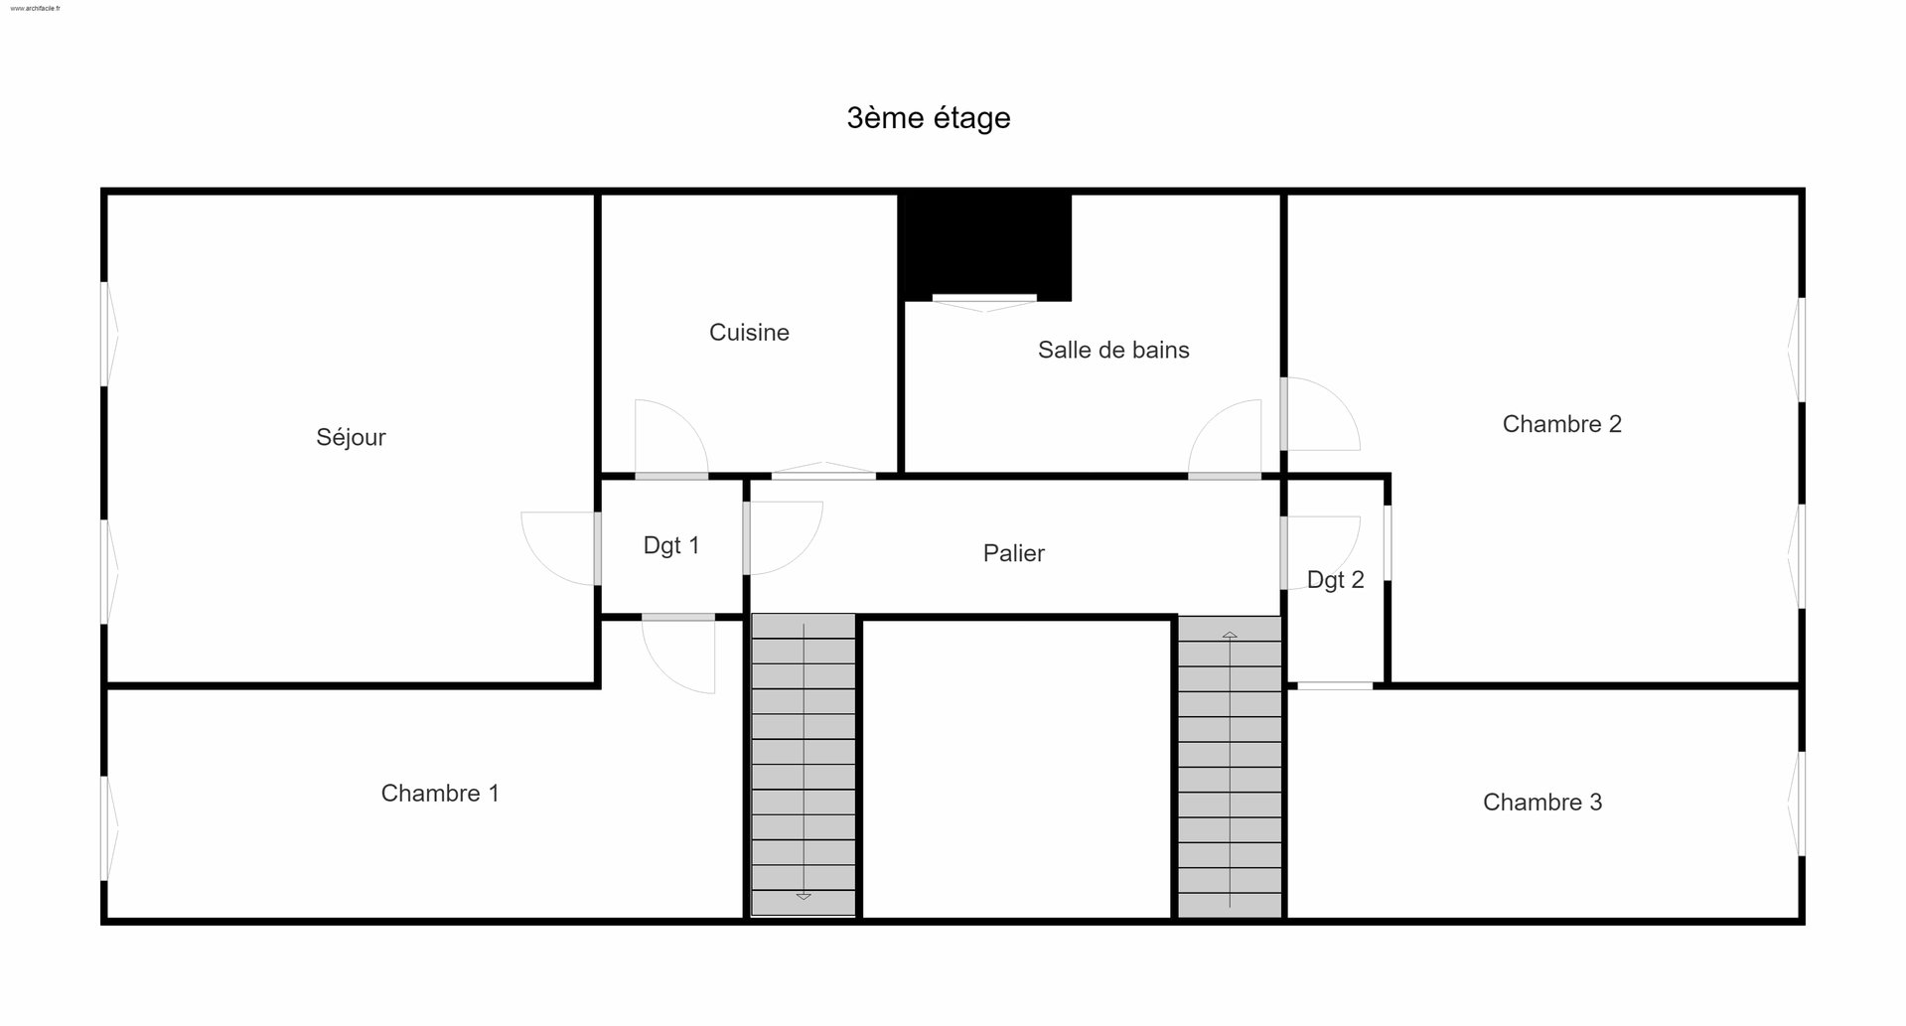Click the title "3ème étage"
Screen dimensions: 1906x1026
point(929,118)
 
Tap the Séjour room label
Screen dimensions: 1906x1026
point(351,437)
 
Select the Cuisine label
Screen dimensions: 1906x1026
point(749,333)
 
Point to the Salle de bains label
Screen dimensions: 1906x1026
point(1113,350)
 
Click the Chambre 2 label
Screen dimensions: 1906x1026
point(1561,424)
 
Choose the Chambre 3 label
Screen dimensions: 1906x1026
point(1542,803)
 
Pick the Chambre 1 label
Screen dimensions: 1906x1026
point(440,794)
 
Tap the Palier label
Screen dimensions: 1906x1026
point(1013,553)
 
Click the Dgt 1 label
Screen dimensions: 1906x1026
point(671,545)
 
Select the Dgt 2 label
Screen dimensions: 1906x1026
point(1335,580)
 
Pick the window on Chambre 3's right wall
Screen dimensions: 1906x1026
point(1797,804)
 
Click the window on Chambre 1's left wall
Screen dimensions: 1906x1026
point(109,827)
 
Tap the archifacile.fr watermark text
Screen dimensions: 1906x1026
point(35,8)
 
